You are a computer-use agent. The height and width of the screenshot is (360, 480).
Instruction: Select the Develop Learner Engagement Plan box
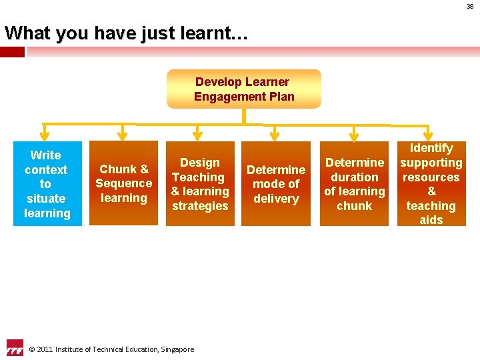244,89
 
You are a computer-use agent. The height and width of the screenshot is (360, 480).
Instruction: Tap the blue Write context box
47,184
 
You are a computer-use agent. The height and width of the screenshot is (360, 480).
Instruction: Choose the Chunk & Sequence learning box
124,183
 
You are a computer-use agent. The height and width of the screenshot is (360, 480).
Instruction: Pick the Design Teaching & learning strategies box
200,184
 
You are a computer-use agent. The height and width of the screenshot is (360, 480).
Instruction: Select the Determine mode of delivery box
276,184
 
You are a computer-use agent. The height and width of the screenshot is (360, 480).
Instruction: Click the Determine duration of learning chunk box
355,184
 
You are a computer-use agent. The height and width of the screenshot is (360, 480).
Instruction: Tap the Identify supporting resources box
431,184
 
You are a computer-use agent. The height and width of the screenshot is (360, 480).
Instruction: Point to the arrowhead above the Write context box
44,135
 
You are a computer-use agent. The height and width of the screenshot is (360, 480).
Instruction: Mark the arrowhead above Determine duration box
353,135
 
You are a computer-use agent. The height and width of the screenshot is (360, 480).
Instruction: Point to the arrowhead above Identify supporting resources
430,135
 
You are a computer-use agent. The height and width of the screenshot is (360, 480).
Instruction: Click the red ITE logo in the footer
14,347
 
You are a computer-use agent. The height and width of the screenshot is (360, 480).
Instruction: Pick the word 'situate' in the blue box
46,199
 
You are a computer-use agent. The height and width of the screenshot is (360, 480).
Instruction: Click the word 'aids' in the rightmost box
431,220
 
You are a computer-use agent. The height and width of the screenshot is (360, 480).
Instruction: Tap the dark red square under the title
12,51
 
